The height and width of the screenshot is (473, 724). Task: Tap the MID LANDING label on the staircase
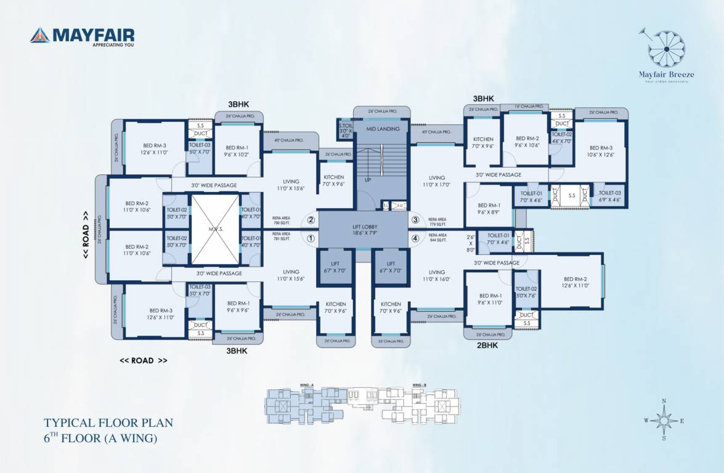point(383,129)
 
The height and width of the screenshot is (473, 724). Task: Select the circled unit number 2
point(311,220)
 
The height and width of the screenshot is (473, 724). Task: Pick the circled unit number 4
point(415,238)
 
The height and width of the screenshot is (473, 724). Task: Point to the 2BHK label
point(487,346)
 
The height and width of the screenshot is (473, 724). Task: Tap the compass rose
point(664,420)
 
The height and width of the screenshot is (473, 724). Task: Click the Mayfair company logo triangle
point(39,35)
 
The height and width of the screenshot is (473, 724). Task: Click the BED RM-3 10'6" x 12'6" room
point(601,152)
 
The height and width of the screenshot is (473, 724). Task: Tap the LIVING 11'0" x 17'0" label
point(437,180)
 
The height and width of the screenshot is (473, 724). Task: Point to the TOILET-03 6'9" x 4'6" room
point(609,196)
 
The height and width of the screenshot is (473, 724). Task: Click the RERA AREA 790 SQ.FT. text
point(280,220)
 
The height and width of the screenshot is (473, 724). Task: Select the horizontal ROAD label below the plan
point(143,360)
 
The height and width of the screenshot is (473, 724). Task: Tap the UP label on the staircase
point(368,180)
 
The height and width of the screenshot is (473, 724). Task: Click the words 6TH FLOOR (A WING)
point(100,439)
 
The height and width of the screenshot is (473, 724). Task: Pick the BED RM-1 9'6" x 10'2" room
point(238,152)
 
